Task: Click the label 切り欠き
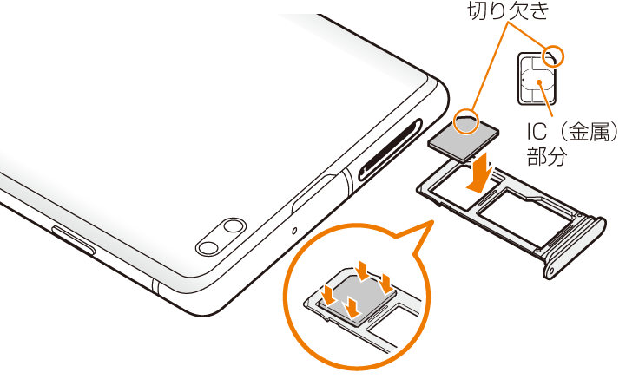click(x=508, y=10)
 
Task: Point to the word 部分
click(x=547, y=156)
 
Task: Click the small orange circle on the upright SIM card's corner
click(x=554, y=56)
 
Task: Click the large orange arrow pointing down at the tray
click(x=481, y=172)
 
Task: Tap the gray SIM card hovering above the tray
click(x=464, y=138)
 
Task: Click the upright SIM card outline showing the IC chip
click(x=537, y=79)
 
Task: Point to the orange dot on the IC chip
click(x=539, y=82)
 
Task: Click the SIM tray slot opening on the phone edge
click(x=390, y=150)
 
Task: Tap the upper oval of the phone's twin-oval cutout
click(x=233, y=226)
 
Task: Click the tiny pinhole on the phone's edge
click(x=294, y=231)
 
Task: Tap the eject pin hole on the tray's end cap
click(x=552, y=271)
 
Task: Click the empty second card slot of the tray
click(x=527, y=217)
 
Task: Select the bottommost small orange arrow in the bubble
click(x=353, y=307)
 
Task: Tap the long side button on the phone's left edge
click(x=73, y=240)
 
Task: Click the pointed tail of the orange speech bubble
click(x=431, y=222)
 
